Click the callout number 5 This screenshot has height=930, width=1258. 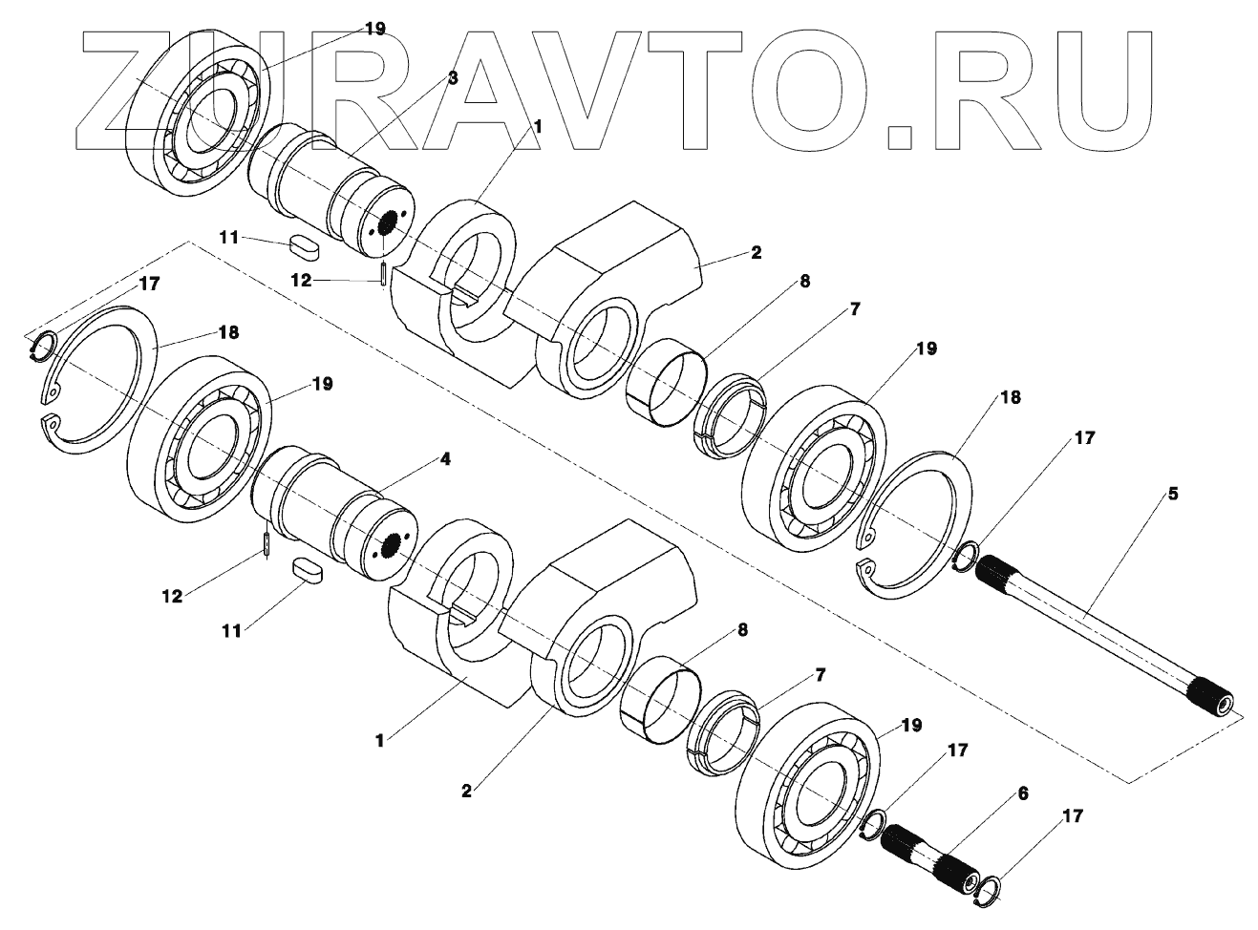[1173, 495]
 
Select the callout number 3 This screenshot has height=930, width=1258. [453, 78]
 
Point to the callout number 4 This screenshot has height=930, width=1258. [444, 459]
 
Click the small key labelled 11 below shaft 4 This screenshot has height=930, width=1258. [308, 570]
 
